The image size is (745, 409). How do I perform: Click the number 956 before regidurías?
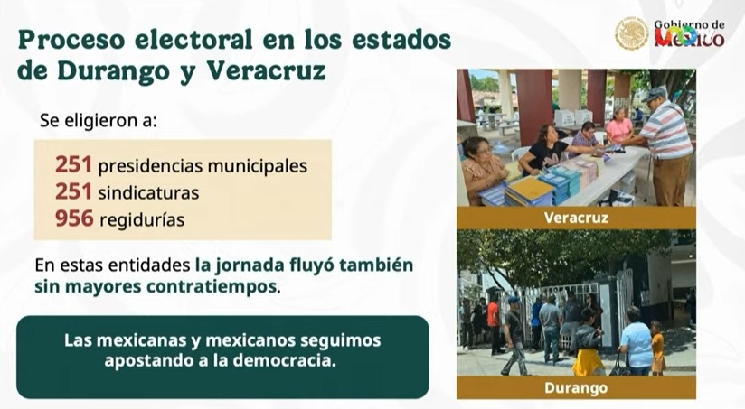tap(74, 218)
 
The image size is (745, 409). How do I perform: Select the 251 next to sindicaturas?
tap(73, 191)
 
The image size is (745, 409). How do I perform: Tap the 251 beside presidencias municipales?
tap(73, 164)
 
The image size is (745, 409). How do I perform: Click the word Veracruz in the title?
tap(266, 70)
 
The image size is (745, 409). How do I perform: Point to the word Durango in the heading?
tap(114, 71)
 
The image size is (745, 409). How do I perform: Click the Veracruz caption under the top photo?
tap(576, 218)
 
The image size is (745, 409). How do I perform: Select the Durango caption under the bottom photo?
tap(576, 387)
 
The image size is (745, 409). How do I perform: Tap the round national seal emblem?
tap(631, 33)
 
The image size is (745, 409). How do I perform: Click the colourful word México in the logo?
tap(690, 37)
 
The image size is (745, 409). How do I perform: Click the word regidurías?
tap(142, 220)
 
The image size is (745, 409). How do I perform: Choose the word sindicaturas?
tap(148, 192)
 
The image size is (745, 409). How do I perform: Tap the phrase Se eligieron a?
tap(99, 120)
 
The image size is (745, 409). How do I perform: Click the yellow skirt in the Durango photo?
tap(589, 361)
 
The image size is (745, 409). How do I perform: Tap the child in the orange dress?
tap(657, 347)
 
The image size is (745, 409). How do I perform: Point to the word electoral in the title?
tap(193, 40)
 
